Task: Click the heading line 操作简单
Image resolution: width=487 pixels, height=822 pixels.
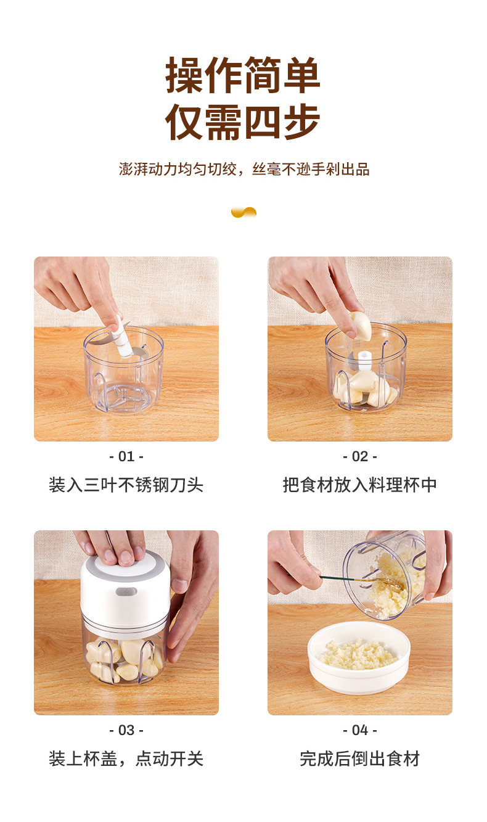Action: coord(243,75)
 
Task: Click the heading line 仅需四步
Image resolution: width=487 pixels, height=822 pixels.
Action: coord(243,122)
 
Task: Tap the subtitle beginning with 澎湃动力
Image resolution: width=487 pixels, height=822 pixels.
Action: coord(244,170)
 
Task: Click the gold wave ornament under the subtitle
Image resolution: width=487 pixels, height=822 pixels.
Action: coord(243,212)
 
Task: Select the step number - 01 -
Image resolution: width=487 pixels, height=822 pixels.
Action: coord(126,456)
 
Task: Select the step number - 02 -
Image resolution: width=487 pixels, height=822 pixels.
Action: coord(359,456)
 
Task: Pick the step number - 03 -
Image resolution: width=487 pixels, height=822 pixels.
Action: coord(126,730)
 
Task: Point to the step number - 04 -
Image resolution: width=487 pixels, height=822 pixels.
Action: coord(359,730)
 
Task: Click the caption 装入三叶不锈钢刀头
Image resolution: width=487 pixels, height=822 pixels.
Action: coord(126,485)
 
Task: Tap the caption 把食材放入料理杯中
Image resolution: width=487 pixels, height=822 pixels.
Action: coord(359,485)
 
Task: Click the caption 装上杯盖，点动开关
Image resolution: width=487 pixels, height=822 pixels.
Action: coord(126,758)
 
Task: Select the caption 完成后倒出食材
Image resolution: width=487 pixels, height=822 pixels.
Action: coord(359,758)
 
